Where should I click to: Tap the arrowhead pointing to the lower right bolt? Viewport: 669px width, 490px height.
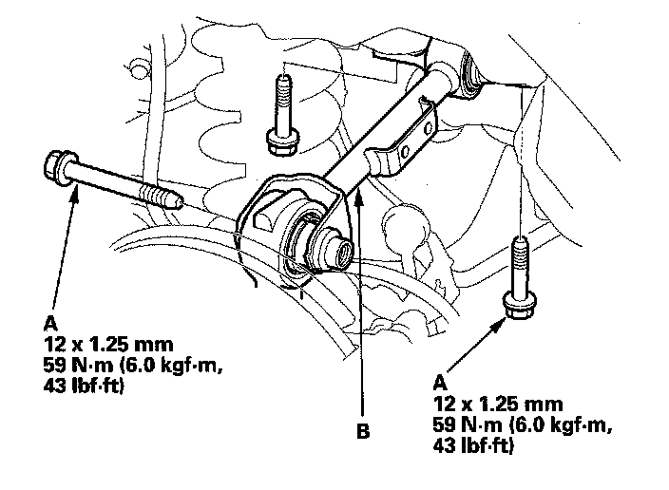tap(500, 325)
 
